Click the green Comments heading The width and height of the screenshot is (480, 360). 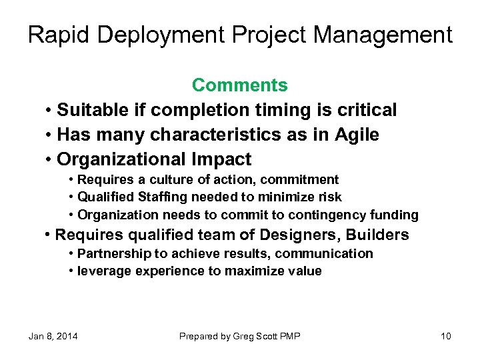(240, 85)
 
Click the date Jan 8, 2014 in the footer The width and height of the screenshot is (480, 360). (53, 336)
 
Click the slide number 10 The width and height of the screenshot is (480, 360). (446, 336)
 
